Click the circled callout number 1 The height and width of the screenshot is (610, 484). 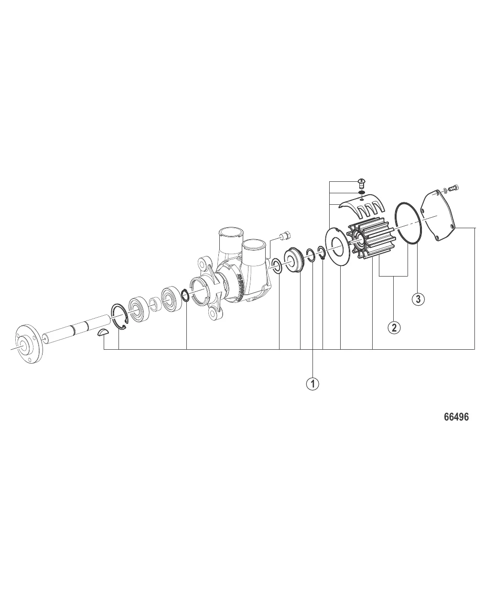click(313, 384)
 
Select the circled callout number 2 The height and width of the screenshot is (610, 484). click(394, 328)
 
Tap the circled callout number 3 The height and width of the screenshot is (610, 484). click(419, 299)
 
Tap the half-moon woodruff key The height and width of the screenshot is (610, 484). click(103, 333)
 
